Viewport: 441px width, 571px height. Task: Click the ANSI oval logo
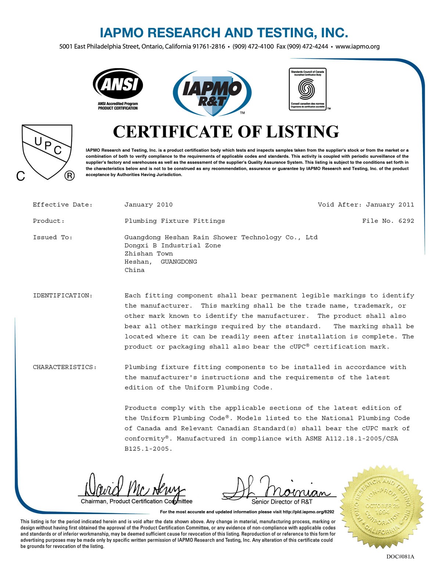coord(118,85)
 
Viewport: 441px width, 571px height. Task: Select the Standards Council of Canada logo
coord(308,89)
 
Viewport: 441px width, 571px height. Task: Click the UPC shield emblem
coord(47,151)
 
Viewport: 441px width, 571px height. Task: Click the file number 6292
coord(406,221)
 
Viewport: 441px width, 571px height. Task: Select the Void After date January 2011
coord(390,205)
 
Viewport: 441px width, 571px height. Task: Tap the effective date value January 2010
coord(148,205)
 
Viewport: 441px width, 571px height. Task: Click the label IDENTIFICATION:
coord(62,296)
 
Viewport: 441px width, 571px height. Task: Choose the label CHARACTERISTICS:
coord(65,367)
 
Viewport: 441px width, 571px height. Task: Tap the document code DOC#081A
coord(400,556)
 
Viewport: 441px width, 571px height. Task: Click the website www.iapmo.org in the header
coord(357,47)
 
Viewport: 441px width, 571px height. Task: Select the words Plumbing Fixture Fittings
coord(175,221)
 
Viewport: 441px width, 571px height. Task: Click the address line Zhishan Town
coord(148,254)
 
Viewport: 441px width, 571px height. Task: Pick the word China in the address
coord(135,270)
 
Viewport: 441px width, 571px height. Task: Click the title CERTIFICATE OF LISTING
coord(226,132)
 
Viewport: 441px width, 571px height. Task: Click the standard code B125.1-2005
coord(148,449)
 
